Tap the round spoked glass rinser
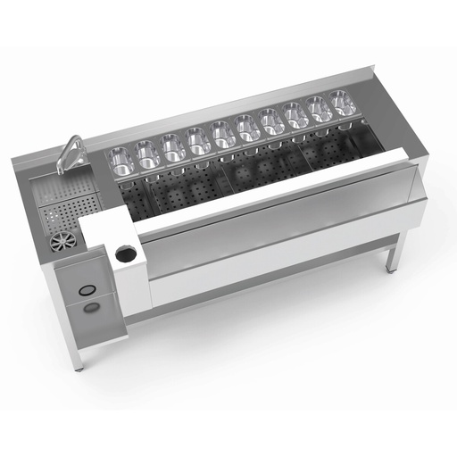pos(63,241)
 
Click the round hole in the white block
pos(126,254)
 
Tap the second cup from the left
pos(146,154)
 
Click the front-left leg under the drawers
pos(79,356)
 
